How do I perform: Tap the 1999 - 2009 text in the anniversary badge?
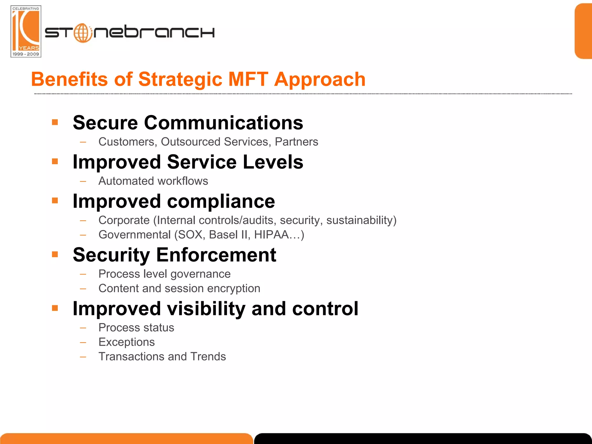(26, 54)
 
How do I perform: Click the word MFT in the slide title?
(248, 79)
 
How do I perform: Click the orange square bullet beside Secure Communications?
(55, 122)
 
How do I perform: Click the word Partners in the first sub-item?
(296, 142)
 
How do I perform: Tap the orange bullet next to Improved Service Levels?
(55, 161)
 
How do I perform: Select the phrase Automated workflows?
(153, 181)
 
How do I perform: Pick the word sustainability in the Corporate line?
(361, 220)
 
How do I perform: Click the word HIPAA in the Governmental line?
(271, 235)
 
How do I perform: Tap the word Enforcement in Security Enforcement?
(216, 255)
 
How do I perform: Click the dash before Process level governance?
(83, 274)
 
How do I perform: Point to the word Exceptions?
(127, 342)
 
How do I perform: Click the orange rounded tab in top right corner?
(583, 31)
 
